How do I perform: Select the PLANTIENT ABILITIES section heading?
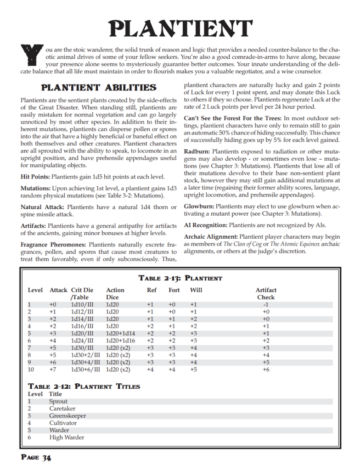pyautogui.click(x=99, y=87)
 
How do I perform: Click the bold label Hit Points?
pyautogui.click(x=35, y=177)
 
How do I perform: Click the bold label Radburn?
pyautogui.click(x=197, y=151)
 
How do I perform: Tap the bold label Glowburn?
pyautogui.click(x=199, y=207)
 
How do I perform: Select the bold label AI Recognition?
pyautogui.click(x=205, y=225)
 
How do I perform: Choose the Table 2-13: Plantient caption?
pyautogui.click(x=180, y=278)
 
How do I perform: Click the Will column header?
pyautogui.click(x=196, y=290)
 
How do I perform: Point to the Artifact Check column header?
pyautogui.click(x=266, y=294)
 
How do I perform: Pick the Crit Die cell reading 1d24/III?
pyautogui.click(x=82, y=341)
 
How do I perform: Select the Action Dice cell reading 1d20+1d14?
pyautogui.click(x=121, y=333)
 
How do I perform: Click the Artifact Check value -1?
pyautogui.click(x=266, y=304)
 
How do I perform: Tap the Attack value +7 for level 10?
pyautogui.click(x=53, y=369)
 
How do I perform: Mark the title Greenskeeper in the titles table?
pyautogui.click(x=67, y=416)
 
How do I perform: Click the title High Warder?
pyautogui.click(x=67, y=437)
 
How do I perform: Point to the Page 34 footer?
pyautogui.click(x=36, y=458)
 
